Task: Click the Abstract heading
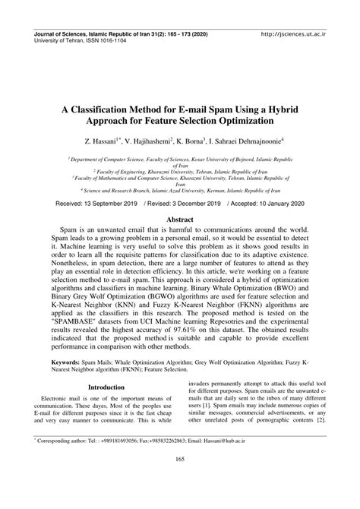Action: (180, 219)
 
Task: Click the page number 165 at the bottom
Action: (180, 479)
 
